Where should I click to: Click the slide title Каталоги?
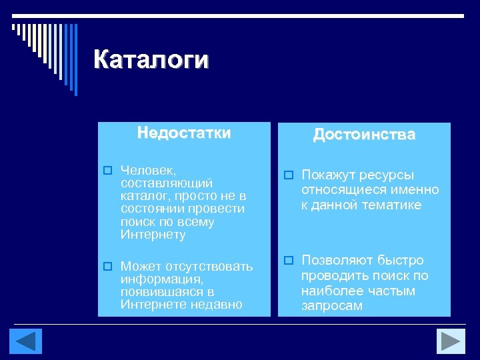pos(151,59)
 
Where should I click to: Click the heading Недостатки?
pos(184,133)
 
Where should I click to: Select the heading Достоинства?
pos(364,135)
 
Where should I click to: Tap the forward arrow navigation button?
pos(451,341)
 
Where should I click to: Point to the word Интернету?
pos(153,235)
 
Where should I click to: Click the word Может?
pos(139,267)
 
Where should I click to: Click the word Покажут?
pos(329,175)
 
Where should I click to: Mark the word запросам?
pos(331,306)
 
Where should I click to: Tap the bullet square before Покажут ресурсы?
pos(288,175)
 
